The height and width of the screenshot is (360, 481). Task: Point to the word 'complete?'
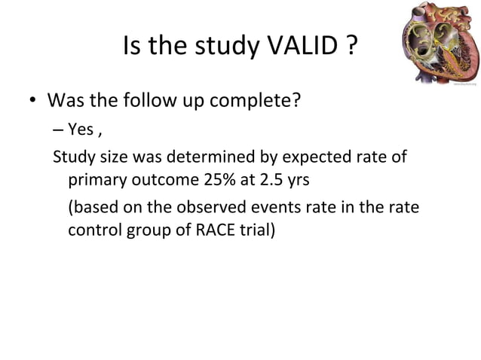click(x=262, y=101)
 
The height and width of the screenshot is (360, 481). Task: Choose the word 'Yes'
click(x=81, y=130)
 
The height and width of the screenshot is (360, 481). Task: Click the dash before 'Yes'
click(x=59, y=130)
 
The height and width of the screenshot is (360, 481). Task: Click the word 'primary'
click(x=96, y=181)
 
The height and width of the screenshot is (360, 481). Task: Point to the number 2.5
click(x=269, y=181)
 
